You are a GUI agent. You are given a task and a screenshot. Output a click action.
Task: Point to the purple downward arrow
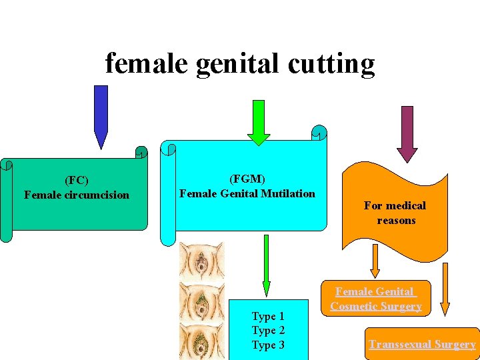(407, 133)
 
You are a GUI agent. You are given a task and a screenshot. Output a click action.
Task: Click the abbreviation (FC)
(77, 180)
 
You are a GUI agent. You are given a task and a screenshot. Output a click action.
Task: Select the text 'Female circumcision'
(77, 195)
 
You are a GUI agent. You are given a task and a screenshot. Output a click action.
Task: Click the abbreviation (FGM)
(247, 179)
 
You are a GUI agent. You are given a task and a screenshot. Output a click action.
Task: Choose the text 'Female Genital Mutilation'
(247, 193)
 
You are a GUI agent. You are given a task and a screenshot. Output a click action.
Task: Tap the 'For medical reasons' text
(395, 213)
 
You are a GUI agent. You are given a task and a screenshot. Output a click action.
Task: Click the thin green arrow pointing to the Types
(266, 263)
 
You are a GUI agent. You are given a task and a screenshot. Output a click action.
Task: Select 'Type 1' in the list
(268, 316)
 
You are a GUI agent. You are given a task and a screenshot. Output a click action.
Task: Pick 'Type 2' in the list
(268, 330)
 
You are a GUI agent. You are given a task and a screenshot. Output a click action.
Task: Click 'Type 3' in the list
(268, 345)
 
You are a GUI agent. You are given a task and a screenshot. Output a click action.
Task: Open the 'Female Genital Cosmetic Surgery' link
(376, 299)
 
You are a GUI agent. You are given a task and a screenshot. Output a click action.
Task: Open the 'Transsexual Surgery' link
(423, 345)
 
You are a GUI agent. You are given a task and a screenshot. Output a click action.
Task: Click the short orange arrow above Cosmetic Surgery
(375, 261)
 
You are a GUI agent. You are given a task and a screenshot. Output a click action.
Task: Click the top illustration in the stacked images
(201, 261)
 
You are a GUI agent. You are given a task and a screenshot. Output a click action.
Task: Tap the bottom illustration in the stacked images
(201, 341)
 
